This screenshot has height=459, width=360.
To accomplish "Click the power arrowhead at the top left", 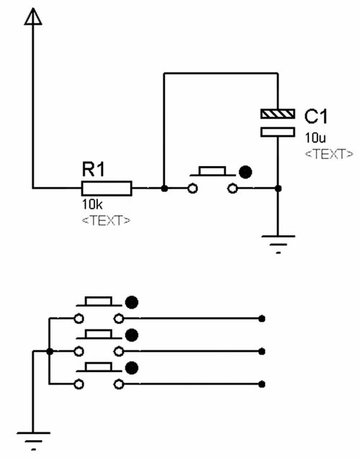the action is (x=33, y=17).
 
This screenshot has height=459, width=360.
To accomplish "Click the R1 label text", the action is (x=93, y=169).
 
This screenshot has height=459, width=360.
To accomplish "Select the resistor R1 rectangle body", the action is (x=107, y=188).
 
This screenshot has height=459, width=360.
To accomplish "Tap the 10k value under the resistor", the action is (x=92, y=204).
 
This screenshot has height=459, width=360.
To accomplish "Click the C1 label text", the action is (x=316, y=117).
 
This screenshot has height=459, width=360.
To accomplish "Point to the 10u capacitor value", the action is (x=315, y=138).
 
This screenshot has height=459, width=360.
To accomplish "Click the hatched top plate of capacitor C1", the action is (x=278, y=114).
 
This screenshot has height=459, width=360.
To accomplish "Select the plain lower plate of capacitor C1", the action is (x=278, y=132).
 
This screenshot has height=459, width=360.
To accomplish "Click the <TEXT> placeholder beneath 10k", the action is (x=106, y=220).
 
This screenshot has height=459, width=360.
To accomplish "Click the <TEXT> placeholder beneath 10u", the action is (x=329, y=154).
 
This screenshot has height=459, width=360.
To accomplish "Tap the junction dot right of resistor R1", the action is (x=164, y=188).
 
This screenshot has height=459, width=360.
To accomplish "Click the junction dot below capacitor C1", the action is (x=278, y=188).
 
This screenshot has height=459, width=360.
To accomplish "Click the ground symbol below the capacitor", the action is (x=278, y=244).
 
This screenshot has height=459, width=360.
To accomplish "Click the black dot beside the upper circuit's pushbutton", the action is (x=246, y=172).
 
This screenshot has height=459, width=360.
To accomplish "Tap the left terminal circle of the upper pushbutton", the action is (x=192, y=188).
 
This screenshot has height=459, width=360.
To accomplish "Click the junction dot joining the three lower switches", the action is (x=50, y=351).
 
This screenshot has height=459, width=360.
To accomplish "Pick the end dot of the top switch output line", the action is (x=262, y=319).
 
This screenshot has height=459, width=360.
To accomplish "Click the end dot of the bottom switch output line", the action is (x=262, y=384).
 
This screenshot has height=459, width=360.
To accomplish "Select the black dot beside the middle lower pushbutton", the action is (x=132, y=335).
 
